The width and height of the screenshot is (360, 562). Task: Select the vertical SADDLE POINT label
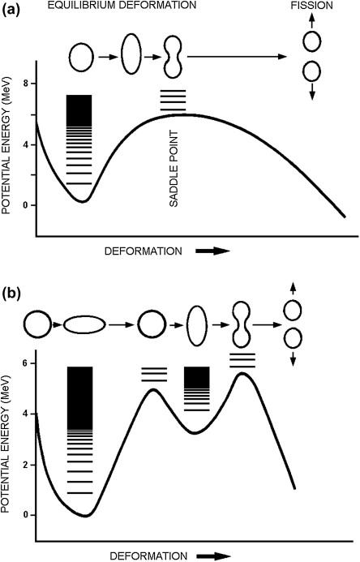(174, 169)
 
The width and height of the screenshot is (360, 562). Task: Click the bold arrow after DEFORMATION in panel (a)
(212, 251)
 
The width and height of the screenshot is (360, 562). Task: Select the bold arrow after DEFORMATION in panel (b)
(212, 556)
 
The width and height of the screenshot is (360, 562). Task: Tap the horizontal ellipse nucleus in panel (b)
(84, 325)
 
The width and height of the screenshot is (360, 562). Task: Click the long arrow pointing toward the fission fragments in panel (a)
(237, 57)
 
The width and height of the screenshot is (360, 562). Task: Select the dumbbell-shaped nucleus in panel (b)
(243, 324)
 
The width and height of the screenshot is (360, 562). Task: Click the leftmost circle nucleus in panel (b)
(37, 324)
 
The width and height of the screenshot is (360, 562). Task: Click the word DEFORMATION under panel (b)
(148, 556)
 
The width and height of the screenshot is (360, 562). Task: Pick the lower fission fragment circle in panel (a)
(311, 71)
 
